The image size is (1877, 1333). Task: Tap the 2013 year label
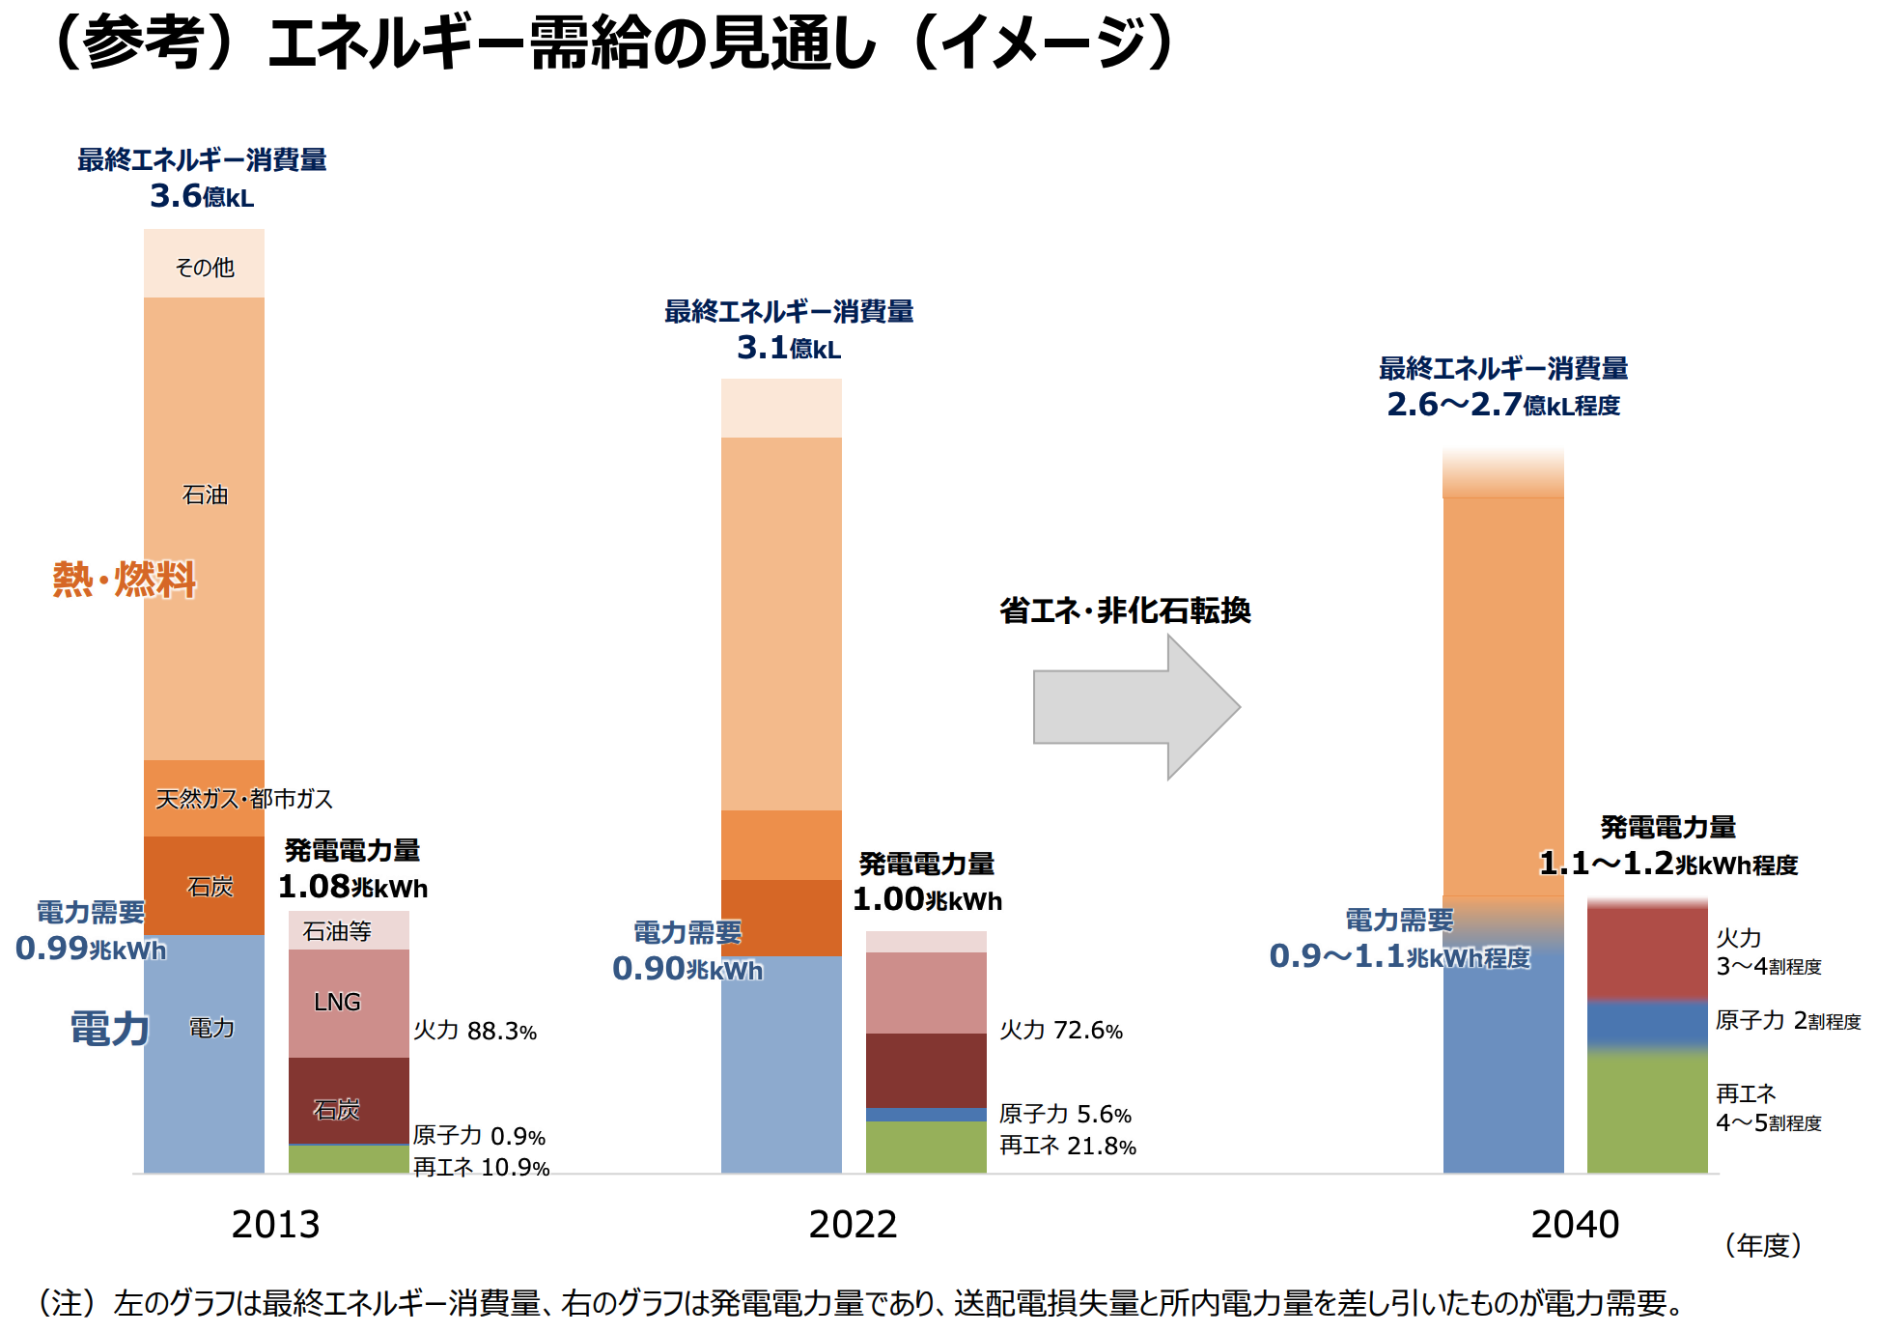[x=275, y=1225]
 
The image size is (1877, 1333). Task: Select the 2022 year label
[x=853, y=1225]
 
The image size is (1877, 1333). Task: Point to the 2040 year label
[x=1575, y=1225]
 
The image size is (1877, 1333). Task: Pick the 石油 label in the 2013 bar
[x=205, y=495]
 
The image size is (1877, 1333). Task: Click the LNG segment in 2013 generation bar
[x=337, y=1003]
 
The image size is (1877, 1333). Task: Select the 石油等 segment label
[x=337, y=931]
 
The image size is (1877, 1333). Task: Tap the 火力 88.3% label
[x=474, y=1031]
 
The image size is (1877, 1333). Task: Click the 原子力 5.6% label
[x=1065, y=1115]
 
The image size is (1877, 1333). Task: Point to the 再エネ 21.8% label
[x=1067, y=1147]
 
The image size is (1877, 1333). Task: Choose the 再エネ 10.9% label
[x=481, y=1168]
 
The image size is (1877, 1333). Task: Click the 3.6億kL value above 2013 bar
[x=202, y=196]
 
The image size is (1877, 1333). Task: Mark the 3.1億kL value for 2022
[x=788, y=348]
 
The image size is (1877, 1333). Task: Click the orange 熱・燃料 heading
[x=124, y=580]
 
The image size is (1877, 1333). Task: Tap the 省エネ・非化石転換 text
[x=1125, y=610]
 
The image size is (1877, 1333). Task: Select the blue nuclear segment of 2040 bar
[x=1647, y=1024]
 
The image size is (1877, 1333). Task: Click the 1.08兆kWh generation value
[x=352, y=887]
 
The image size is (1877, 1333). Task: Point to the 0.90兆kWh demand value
[x=686, y=969]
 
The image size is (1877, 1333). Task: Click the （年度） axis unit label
[x=1762, y=1245]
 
